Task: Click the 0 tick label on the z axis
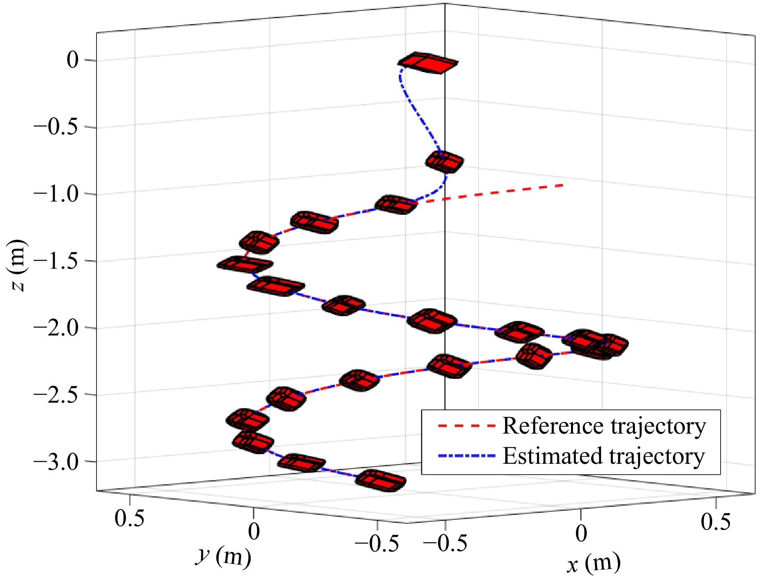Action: click(x=73, y=60)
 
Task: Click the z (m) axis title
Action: click(x=18, y=265)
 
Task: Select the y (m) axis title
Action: click(x=224, y=557)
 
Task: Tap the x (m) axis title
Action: click(x=594, y=563)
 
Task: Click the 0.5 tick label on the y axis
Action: click(x=129, y=518)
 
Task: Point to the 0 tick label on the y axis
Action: click(x=254, y=532)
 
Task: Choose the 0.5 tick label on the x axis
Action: click(x=716, y=522)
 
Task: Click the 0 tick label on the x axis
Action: click(x=581, y=533)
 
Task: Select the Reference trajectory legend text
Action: click(x=604, y=426)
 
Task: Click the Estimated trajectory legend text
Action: click(x=604, y=456)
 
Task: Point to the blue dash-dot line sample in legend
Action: click(x=466, y=456)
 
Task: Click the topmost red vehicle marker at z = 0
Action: click(x=428, y=63)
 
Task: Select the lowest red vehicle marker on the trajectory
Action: click(x=380, y=480)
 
